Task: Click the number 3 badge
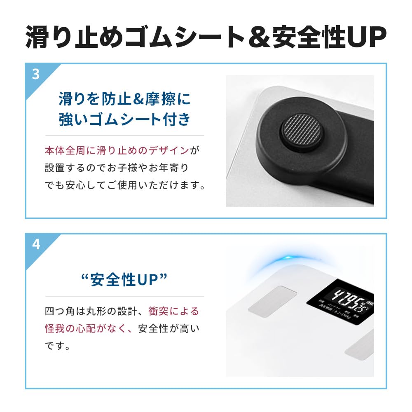pos(36,75)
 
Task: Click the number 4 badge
pos(36,244)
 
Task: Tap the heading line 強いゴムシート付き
pos(124,120)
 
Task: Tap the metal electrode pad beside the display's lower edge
pos(360,344)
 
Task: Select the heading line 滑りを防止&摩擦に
pos(124,99)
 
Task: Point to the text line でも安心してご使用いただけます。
pos(125,185)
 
